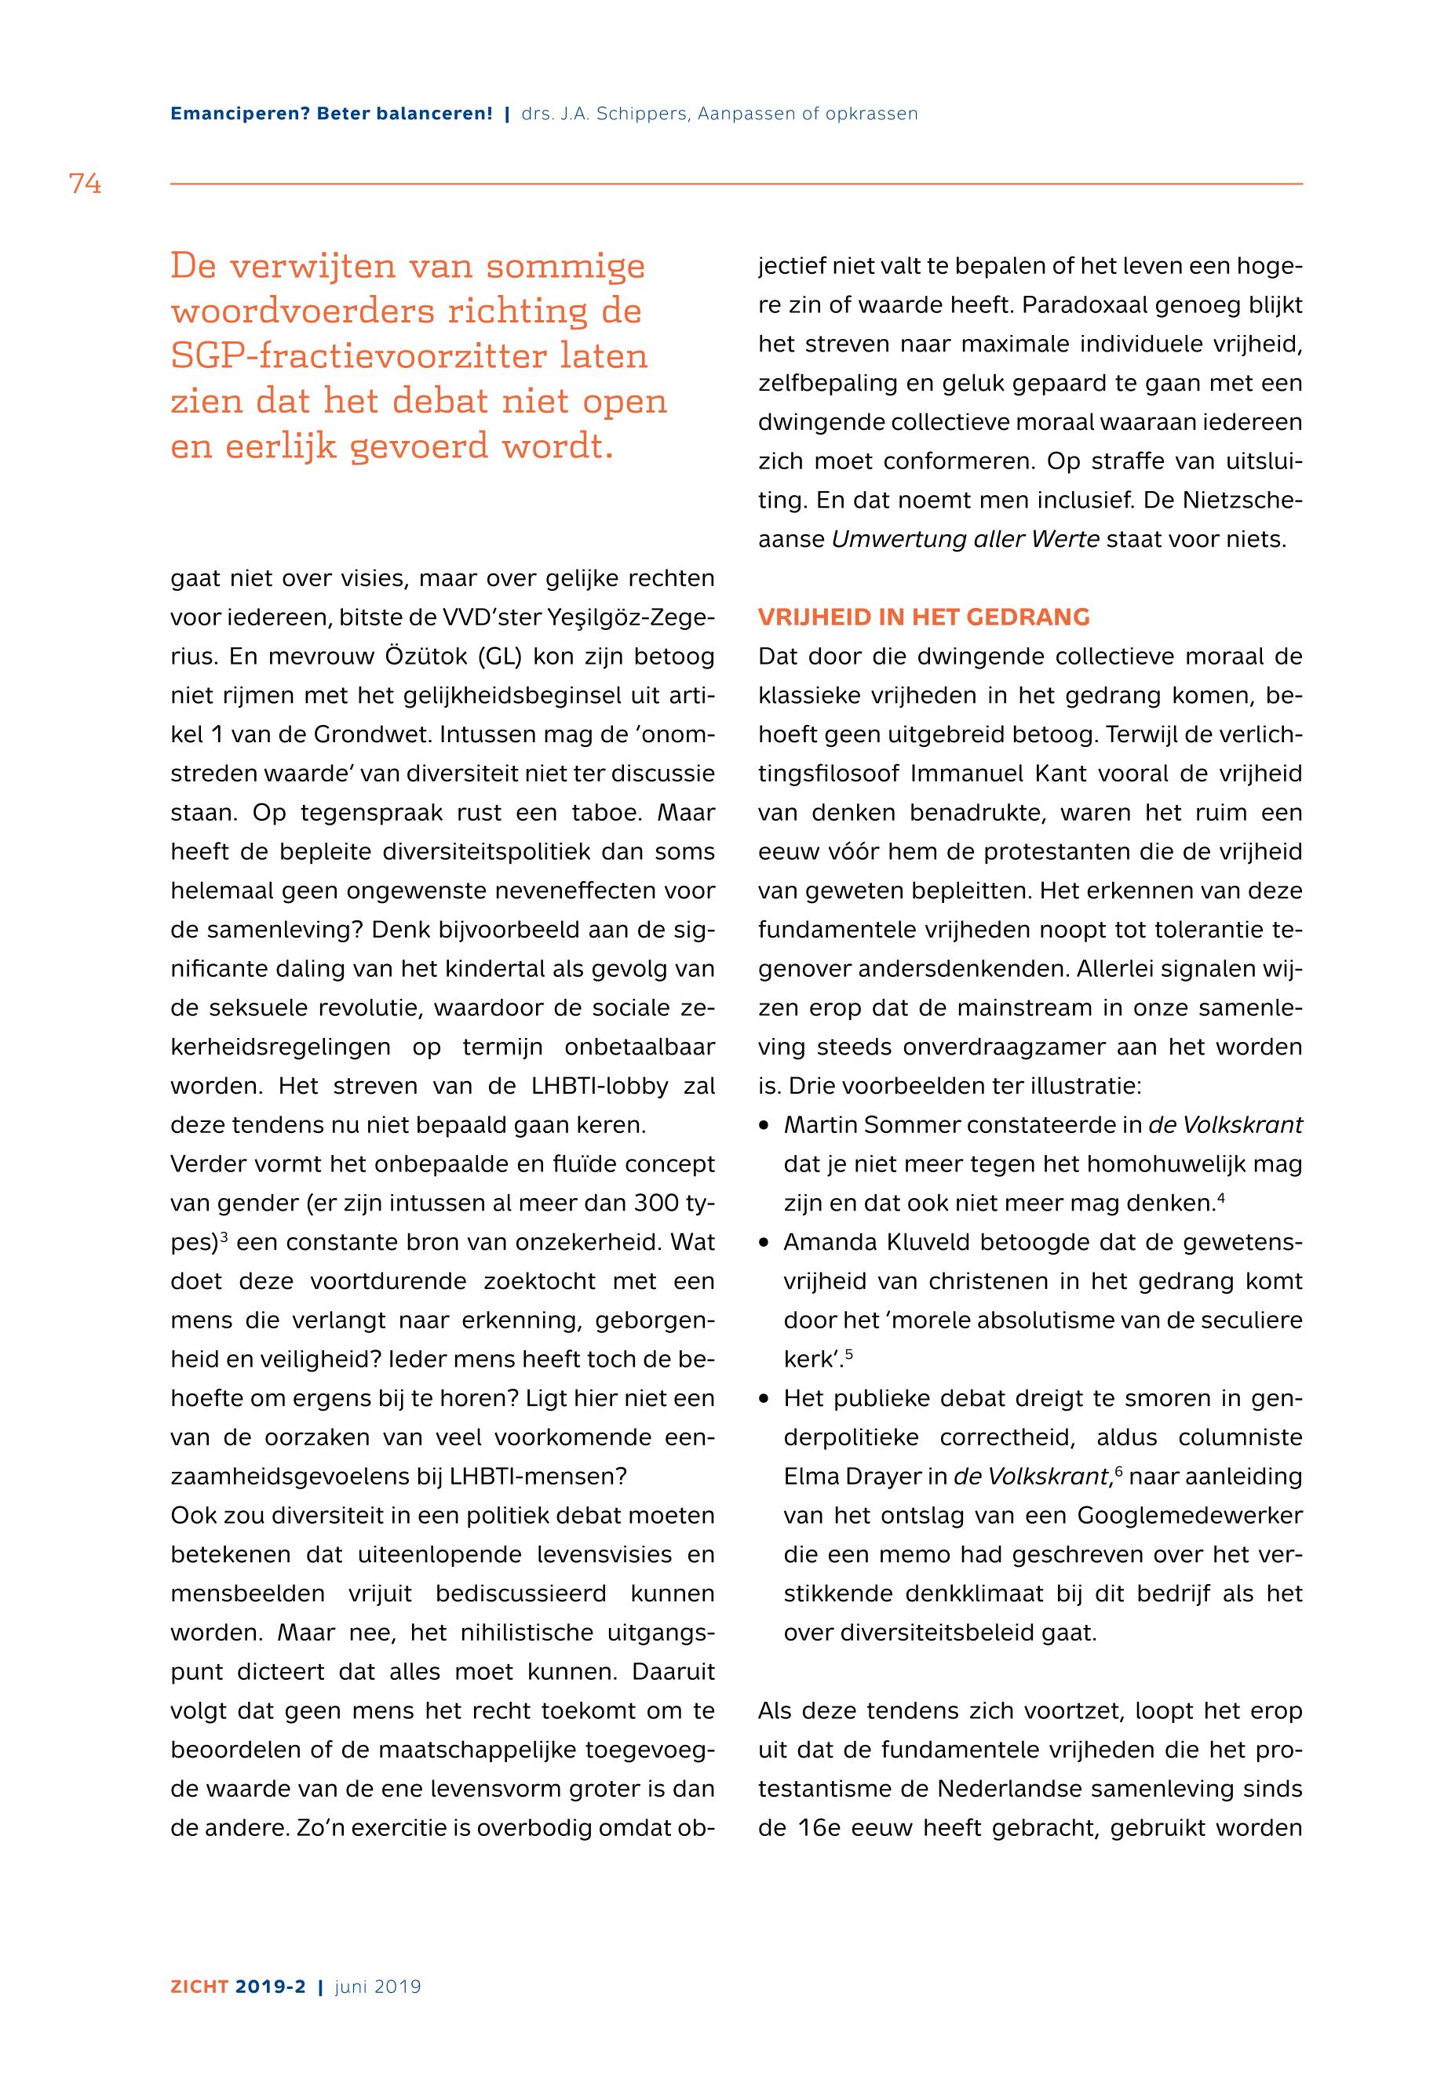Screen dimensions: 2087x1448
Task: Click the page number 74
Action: pyautogui.click(x=85, y=184)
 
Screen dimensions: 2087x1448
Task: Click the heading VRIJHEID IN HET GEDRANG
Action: pyautogui.click(x=924, y=617)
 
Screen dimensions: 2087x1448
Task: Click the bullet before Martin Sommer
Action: pyautogui.click(x=765, y=1126)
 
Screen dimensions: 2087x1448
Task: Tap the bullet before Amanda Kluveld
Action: pyautogui.click(x=765, y=1243)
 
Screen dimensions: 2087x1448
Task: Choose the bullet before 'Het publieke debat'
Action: pyautogui.click(x=765, y=1399)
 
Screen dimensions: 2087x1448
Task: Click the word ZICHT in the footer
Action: pyautogui.click(x=199, y=1987)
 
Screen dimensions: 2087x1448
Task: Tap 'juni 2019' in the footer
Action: pyautogui.click(x=378, y=1987)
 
